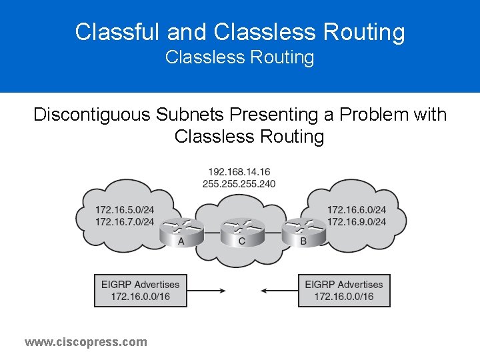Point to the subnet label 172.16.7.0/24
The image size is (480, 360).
pos(125,221)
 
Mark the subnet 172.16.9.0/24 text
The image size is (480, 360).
pos(356,221)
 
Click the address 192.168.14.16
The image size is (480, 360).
pos(239,172)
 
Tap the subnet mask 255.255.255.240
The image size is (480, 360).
pos(239,183)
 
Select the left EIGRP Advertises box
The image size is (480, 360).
pos(140,290)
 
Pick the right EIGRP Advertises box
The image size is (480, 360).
pos(344,290)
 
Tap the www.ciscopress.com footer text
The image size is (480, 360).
pos(86,342)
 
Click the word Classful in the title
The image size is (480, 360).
pos(118,31)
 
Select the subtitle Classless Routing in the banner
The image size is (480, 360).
pos(239,57)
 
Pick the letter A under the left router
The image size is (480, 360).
pos(181,241)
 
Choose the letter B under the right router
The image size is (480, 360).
pos(303,241)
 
